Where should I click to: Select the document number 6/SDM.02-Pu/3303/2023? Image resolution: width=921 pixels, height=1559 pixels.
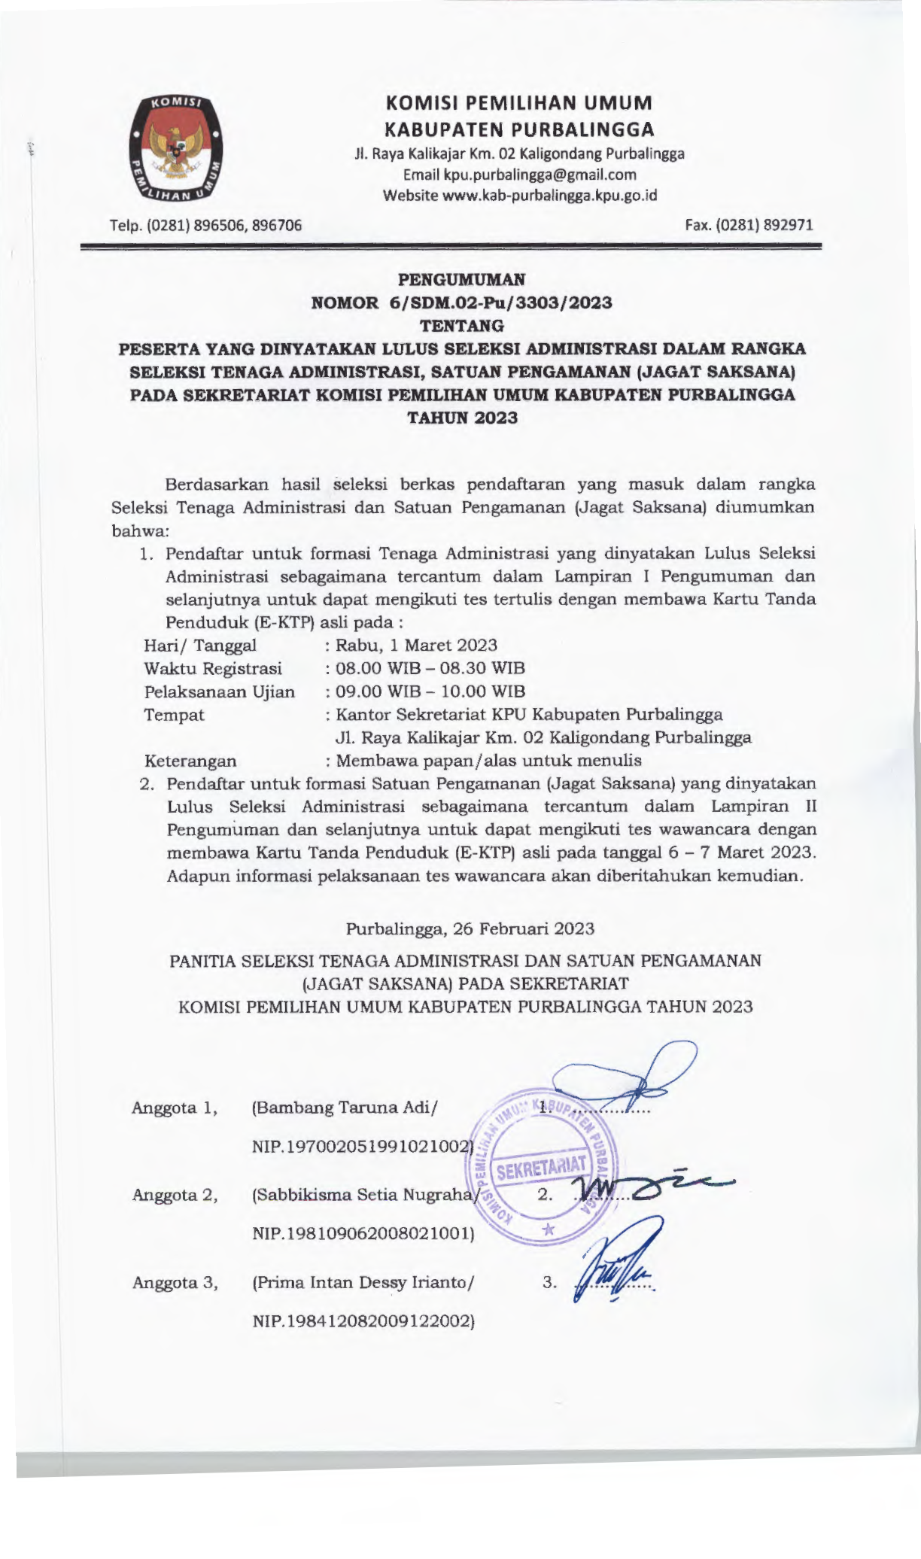500,303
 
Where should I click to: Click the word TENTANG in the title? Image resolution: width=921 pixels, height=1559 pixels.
461,326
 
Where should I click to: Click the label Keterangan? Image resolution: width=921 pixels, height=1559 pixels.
190,761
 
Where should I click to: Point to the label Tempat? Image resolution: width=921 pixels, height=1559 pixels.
174,714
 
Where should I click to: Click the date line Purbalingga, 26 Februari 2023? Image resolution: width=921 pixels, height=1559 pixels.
470,928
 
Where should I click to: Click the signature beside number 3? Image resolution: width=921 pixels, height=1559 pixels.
613,1270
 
